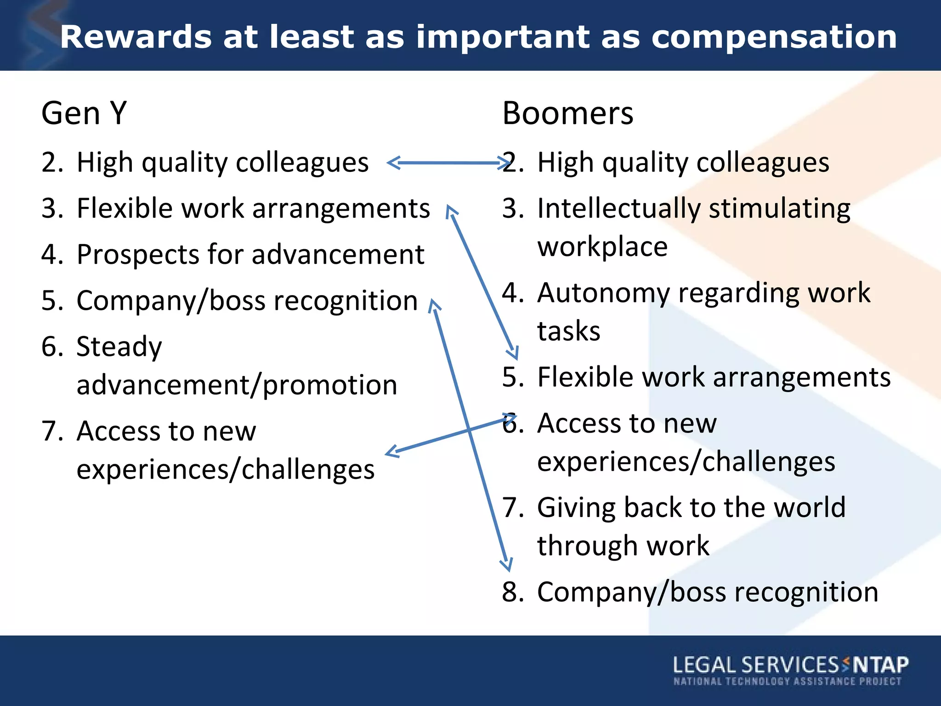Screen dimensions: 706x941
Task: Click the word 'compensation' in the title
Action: point(774,38)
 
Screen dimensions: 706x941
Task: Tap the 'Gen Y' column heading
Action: point(84,113)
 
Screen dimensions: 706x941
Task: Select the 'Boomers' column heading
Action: point(567,113)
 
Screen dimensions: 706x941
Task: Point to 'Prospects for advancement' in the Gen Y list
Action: point(250,255)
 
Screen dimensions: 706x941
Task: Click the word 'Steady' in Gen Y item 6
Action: point(119,347)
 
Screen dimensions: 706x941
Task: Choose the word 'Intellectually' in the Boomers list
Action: point(618,209)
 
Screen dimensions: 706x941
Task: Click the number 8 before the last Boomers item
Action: point(511,592)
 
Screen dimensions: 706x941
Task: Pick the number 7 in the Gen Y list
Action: point(50,431)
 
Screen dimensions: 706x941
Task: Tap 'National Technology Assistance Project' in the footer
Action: point(787,681)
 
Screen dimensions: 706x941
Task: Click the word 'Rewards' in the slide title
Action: point(136,38)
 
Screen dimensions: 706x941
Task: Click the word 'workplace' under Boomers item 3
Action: point(602,247)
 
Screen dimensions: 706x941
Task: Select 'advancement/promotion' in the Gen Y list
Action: point(237,385)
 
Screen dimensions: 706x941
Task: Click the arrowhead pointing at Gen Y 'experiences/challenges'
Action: point(391,452)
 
